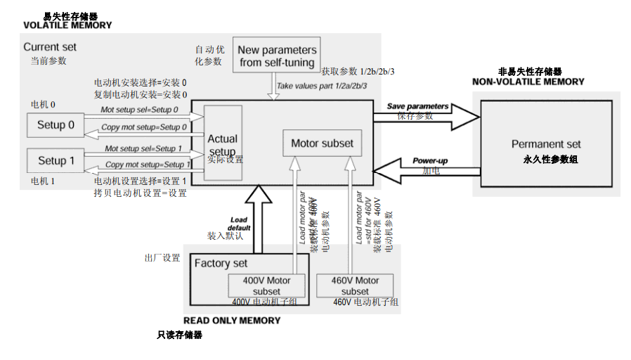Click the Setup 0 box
coord(56,125)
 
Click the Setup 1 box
coord(56,161)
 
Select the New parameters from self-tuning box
coord(277,56)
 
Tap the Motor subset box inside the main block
coord(322,143)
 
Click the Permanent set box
coord(546,144)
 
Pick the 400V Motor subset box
coord(266,285)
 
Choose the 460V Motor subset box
coord(355,285)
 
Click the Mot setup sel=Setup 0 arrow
coord(144,114)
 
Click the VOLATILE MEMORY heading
coord(67,25)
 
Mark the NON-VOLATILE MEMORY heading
coord(528,82)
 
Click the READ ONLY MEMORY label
coord(232,321)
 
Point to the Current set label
coord(50,47)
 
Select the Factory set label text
coord(221,264)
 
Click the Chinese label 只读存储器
coord(179,335)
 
